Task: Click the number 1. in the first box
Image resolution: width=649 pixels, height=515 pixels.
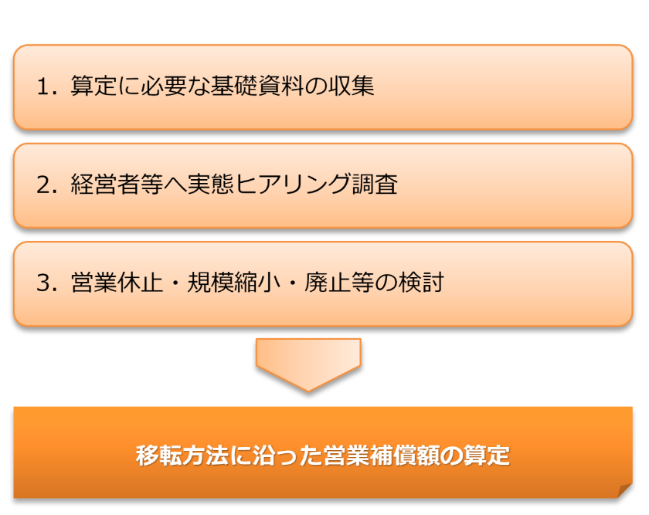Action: click(x=47, y=87)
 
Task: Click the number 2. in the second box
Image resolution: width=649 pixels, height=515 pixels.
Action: click(x=47, y=185)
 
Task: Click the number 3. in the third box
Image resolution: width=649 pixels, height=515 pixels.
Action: click(x=47, y=283)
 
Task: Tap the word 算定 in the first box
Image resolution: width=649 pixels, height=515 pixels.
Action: click(x=93, y=86)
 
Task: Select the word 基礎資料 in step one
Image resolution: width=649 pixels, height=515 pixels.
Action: click(x=257, y=86)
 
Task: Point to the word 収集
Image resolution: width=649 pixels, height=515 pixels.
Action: click(x=351, y=86)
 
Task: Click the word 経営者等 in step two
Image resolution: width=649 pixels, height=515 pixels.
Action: click(x=117, y=184)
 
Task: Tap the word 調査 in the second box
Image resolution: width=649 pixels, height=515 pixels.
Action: click(x=375, y=184)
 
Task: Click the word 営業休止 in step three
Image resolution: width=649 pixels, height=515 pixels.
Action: click(x=117, y=283)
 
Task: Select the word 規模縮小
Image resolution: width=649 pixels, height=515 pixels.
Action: click(x=234, y=283)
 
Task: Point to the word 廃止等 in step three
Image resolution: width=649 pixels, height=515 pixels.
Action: click(x=339, y=283)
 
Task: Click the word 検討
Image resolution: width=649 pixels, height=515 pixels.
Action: click(x=421, y=283)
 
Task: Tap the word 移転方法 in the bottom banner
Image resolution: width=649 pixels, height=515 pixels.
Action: click(x=182, y=456)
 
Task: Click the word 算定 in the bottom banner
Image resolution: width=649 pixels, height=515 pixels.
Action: click(x=487, y=456)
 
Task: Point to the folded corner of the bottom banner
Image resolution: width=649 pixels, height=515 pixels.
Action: click(x=624, y=491)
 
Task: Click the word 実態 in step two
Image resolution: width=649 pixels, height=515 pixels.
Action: click(x=211, y=184)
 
